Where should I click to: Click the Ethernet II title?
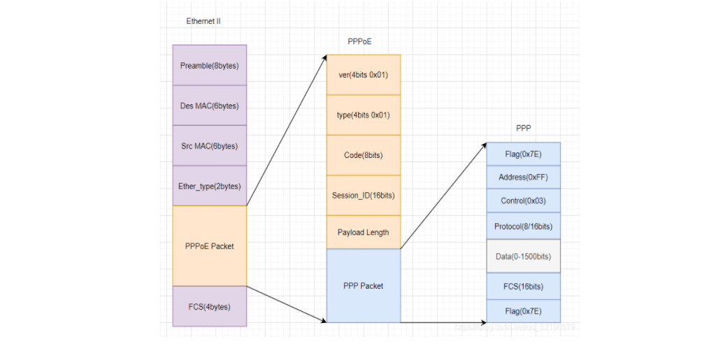coord(203,22)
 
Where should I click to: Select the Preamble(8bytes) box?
coord(209,66)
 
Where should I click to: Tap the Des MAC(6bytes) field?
coord(209,106)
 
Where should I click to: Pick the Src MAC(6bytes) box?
coord(209,146)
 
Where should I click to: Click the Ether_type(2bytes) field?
coord(209,186)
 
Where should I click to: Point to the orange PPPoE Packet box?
coord(209,246)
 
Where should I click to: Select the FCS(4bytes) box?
coord(209,306)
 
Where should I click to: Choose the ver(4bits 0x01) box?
coord(364,75)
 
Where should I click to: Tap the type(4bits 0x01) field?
coord(364,115)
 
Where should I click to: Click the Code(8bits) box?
coord(364,154)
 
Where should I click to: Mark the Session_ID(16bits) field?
coord(364,195)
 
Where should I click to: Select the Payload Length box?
coord(364,232)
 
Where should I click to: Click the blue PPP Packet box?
coord(364,285)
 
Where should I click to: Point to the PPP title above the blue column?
coord(523,129)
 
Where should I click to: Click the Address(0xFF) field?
coord(523,177)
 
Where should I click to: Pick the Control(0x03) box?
coord(523,201)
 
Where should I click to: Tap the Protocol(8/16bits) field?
coord(523,226)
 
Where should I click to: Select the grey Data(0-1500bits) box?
coord(523,257)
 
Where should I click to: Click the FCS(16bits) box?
coord(523,286)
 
